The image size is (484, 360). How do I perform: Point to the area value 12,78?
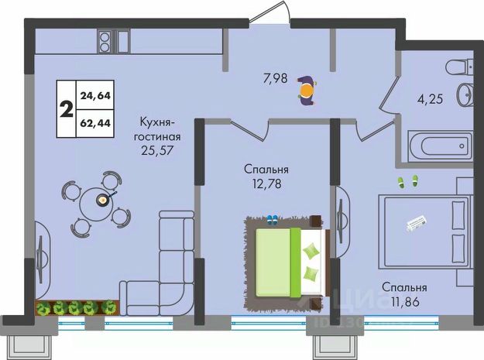point(266,183)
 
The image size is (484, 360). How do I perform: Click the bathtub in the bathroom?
point(440,145)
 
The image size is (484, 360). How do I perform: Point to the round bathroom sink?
point(465,97)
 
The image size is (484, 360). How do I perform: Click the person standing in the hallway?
point(307,91)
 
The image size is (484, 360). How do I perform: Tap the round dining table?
point(101,200)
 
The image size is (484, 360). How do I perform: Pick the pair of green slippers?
point(407,181)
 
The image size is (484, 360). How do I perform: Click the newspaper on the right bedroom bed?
point(420,222)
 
